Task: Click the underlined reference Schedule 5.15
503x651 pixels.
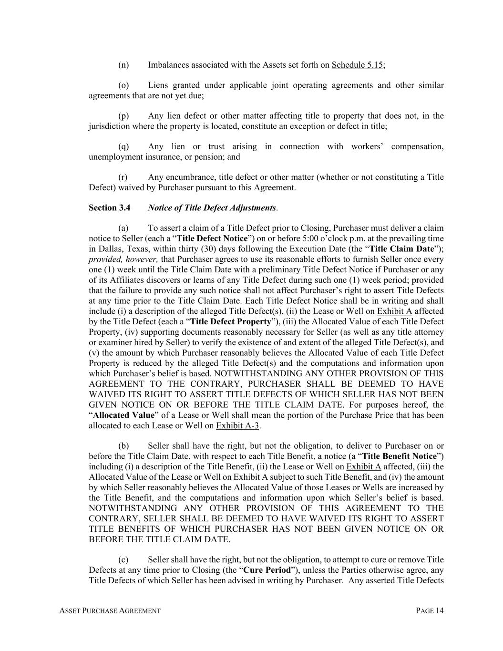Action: (x=357, y=65)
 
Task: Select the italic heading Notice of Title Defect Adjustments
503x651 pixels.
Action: (x=212, y=208)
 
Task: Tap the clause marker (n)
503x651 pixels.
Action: (x=123, y=65)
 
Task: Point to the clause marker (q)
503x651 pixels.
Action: (x=123, y=146)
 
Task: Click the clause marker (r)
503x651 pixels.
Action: (x=123, y=177)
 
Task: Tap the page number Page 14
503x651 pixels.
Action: (x=430, y=611)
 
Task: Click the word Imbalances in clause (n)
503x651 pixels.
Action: (x=170, y=65)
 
